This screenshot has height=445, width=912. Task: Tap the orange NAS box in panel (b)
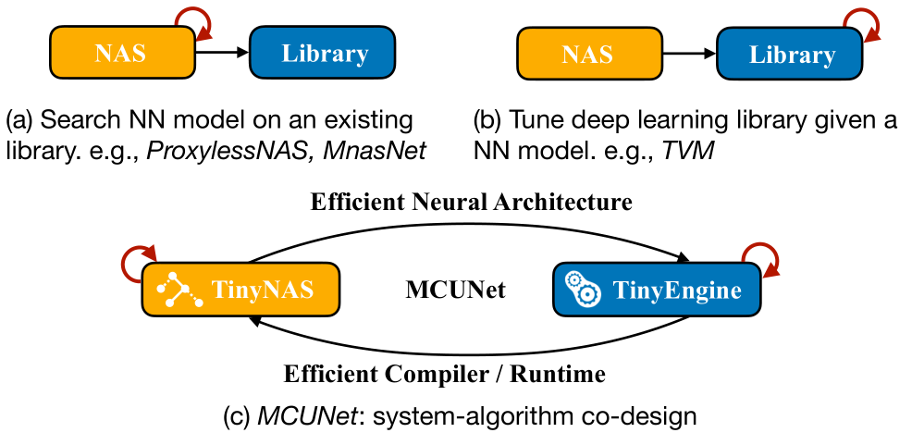click(586, 54)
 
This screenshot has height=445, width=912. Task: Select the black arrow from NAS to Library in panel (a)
click(221, 54)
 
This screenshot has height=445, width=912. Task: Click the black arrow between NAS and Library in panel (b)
click(690, 54)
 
